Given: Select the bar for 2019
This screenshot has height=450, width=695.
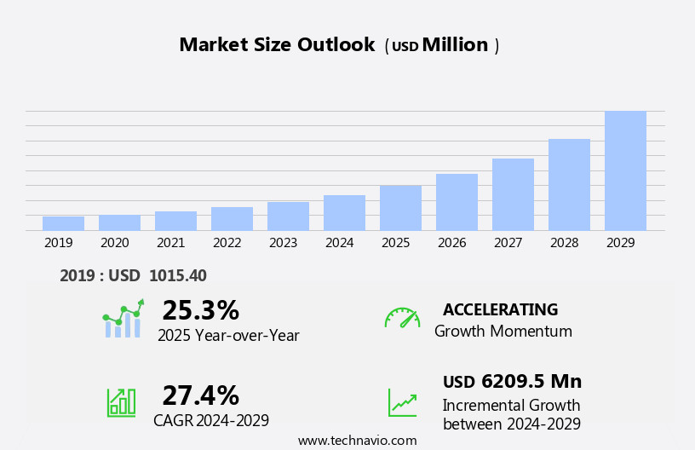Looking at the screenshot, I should [x=63, y=223].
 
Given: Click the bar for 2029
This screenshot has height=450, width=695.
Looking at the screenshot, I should [x=625, y=170].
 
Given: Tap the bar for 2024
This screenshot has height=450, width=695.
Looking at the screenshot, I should [x=344, y=213].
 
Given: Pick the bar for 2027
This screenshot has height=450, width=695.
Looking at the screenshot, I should [x=513, y=194].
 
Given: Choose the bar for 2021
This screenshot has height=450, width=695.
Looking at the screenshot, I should [x=175, y=221].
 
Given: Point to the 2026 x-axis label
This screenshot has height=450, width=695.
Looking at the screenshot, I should [x=451, y=243].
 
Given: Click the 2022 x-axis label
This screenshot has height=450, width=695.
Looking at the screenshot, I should [x=227, y=243].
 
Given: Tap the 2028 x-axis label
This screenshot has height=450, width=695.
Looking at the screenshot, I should [x=564, y=243].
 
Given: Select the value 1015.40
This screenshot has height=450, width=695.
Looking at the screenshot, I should [x=177, y=275].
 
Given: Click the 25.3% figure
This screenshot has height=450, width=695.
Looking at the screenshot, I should [x=200, y=310].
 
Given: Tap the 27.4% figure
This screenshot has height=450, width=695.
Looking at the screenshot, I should [x=200, y=395].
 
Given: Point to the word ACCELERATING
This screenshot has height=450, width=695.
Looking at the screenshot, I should [x=500, y=309].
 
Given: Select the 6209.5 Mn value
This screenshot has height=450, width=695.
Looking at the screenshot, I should [x=531, y=381].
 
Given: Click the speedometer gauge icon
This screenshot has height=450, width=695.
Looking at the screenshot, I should [x=402, y=318].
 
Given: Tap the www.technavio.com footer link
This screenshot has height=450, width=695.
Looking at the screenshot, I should [x=357, y=441].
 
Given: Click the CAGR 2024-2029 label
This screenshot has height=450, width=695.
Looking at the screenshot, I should [x=211, y=420].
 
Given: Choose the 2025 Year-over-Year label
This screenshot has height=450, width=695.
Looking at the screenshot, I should [x=228, y=335].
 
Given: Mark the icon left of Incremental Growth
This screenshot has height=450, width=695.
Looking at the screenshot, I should [x=402, y=402].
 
